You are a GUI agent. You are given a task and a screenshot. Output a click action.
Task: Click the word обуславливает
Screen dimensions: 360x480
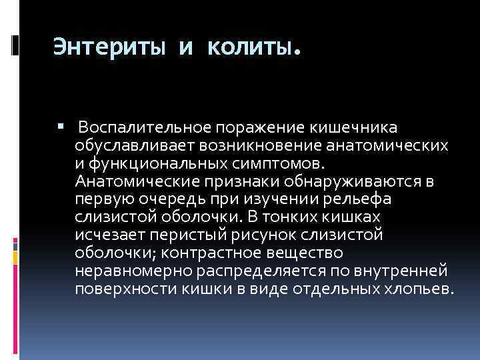[129, 145]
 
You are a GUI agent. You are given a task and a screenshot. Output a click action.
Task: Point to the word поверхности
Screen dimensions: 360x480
[119, 289]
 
